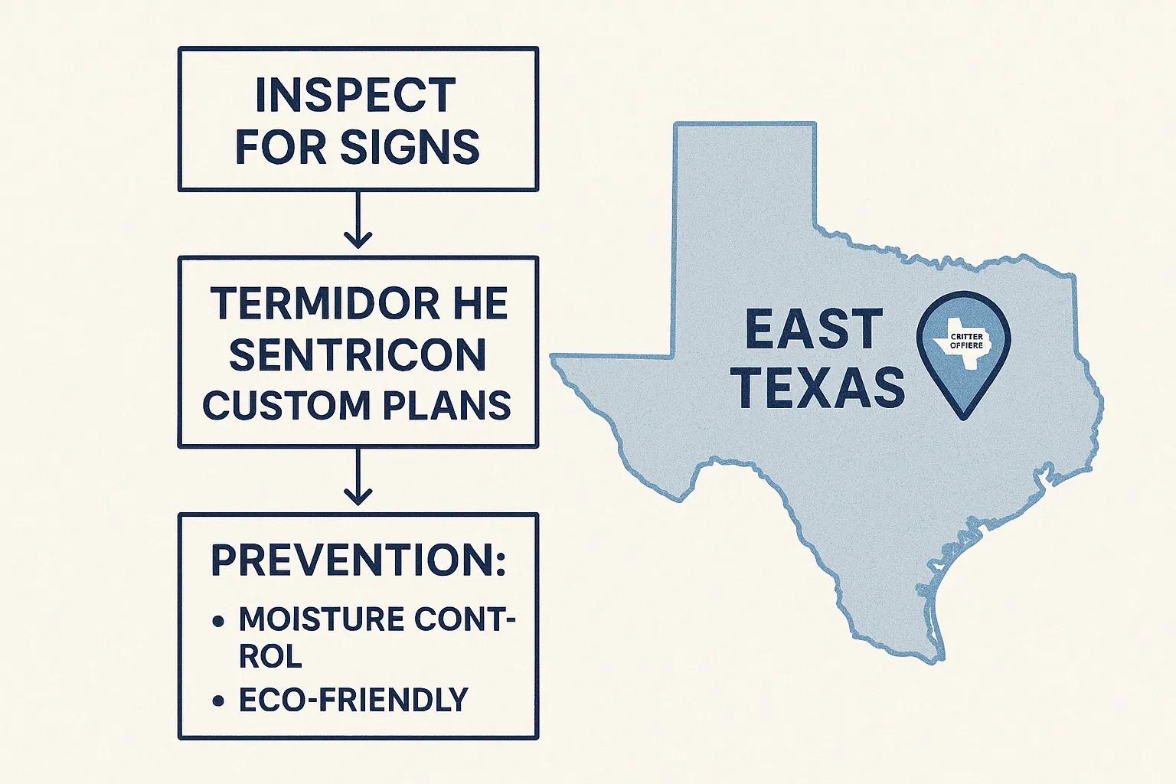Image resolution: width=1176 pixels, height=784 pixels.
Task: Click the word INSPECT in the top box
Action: [355, 95]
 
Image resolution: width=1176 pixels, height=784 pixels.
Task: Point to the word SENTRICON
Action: [358, 354]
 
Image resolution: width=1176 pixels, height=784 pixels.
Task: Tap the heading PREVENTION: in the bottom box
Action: [358, 560]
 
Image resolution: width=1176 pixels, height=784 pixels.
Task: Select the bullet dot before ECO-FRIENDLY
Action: [219, 701]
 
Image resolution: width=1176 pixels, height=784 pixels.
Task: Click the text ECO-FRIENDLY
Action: [353, 700]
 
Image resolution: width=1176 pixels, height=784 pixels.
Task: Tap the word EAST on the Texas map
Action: [814, 329]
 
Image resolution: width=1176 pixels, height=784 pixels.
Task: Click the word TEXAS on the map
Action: [823, 387]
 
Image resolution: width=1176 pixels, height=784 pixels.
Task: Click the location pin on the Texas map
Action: [963, 352]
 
